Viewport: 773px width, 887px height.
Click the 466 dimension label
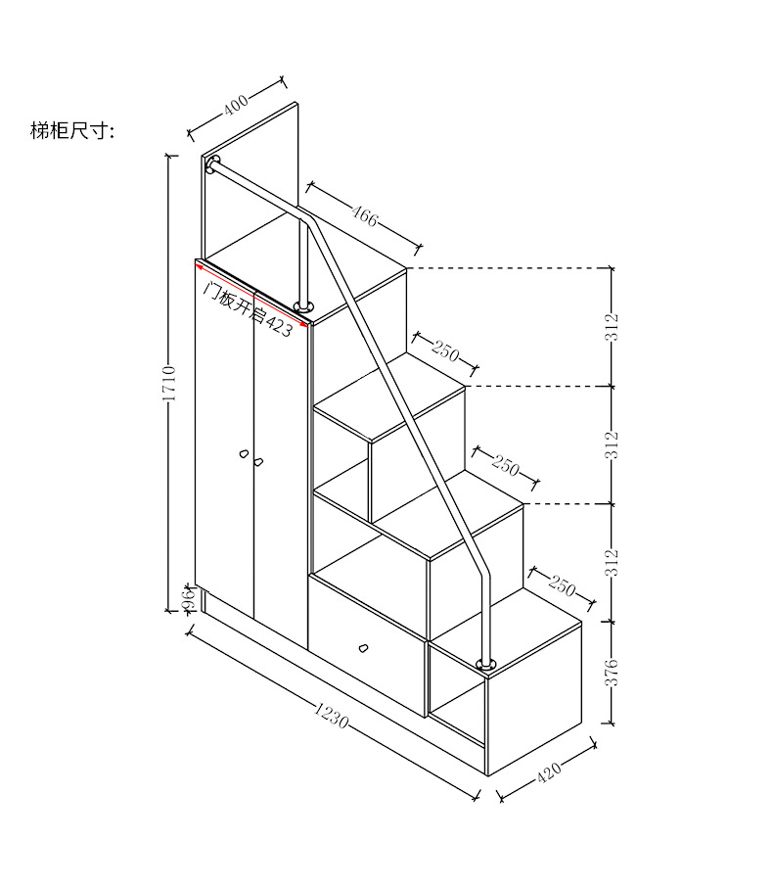pos(364,214)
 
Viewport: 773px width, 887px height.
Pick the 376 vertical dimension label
pos(612,674)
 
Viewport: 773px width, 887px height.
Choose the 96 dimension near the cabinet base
pos(185,597)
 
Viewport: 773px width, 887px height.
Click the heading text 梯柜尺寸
pos(72,131)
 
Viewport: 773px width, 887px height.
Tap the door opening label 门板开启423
pos(247,308)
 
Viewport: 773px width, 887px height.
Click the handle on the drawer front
pos(363,647)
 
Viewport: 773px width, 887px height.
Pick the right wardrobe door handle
pos(259,460)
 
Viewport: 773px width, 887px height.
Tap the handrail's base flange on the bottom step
pos(485,666)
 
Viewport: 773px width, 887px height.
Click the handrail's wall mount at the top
pos(213,164)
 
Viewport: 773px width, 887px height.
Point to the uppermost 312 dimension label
pos(612,327)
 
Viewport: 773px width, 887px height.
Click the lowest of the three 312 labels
pos(612,561)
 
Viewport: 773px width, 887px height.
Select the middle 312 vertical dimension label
pos(612,443)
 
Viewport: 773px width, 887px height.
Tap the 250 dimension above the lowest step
pos(562,585)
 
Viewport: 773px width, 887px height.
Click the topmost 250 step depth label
pos(445,350)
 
